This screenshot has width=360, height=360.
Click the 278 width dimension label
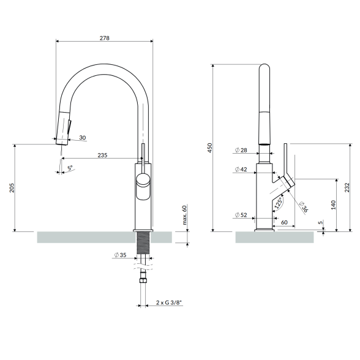click(105, 38)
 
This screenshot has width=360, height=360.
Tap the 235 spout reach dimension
click(102, 156)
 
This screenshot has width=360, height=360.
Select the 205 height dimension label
click(12, 187)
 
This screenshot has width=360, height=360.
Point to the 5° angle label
click(70, 168)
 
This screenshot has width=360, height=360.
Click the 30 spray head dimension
click(83, 138)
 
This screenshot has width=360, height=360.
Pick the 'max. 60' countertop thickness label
click(184, 215)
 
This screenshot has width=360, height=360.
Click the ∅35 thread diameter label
click(120, 255)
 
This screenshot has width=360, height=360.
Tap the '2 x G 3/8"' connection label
click(169, 302)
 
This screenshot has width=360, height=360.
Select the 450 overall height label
click(210, 148)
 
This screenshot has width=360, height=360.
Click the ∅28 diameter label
click(241, 150)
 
